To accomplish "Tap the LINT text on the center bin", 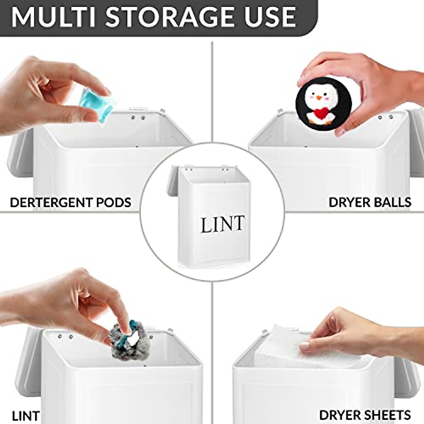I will coord(222,224).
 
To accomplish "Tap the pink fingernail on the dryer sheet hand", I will coord(304,346).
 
